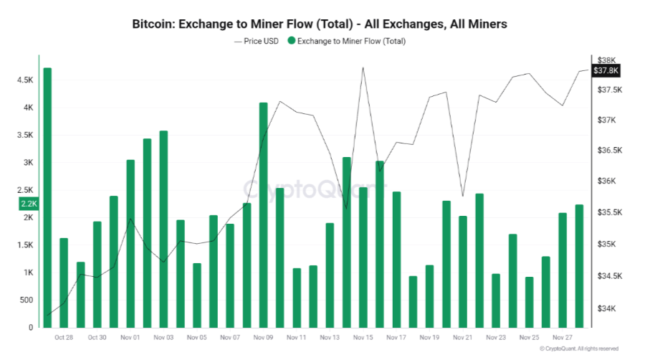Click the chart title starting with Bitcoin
pyautogui.click(x=320, y=24)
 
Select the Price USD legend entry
pyautogui.click(x=257, y=41)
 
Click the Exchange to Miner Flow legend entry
pyautogui.click(x=346, y=41)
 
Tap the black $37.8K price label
pyautogui.click(x=606, y=70)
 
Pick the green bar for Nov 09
pyautogui.click(x=263, y=215)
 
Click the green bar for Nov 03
pyautogui.click(x=163, y=229)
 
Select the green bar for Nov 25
pyautogui.click(x=529, y=302)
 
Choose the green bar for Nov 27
pyautogui.click(x=563, y=270)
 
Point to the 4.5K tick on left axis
pyautogui.click(x=24, y=80)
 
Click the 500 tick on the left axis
pyautogui.click(x=27, y=300)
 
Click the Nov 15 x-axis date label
pyautogui.click(x=363, y=337)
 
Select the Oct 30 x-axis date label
pyautogui.click(x=97, y=337)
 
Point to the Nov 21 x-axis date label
pyautogui.click(x=462, y=337)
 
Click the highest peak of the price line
pyautogui.click(x=363, y=67)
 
